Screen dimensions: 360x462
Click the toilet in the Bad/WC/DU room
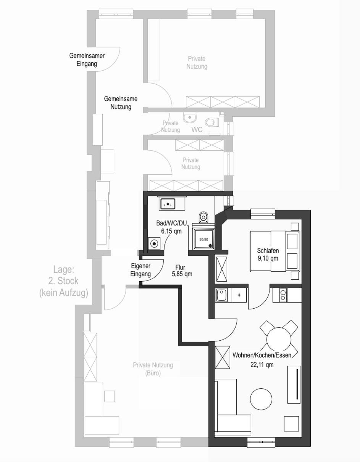tap(204, 217)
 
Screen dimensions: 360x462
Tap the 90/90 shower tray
tap(203, 239)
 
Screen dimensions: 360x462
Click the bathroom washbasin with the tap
tap(168, 204)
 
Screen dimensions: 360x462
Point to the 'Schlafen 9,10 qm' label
tap(268, 254)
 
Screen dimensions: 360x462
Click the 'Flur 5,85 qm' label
tap(182, 270)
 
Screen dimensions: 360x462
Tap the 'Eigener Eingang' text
tap(140, 270)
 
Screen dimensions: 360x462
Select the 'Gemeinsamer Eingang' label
tap(87, 60)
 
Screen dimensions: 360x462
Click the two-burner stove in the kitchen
tap(283, 295)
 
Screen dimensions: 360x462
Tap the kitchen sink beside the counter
tap(221, 295)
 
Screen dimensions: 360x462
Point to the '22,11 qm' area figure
tap(262, 365)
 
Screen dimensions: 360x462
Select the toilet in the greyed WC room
tap(212, 122)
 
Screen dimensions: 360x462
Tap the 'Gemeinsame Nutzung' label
tap(121, 103)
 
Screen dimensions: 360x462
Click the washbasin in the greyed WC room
tap(190, 118)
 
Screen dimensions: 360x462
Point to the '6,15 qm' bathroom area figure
tap(171, 231)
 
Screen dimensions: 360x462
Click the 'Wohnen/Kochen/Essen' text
tap(262, 355)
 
